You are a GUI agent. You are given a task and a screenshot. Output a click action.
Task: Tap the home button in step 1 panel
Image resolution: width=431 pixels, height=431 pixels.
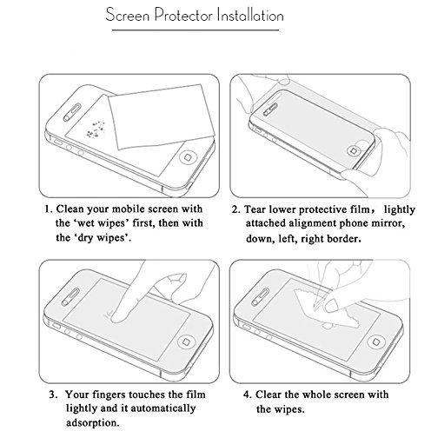188,157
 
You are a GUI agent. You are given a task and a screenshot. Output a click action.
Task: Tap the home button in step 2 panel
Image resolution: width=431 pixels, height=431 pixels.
354,150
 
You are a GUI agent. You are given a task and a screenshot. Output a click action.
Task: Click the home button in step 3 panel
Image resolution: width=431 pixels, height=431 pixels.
185,341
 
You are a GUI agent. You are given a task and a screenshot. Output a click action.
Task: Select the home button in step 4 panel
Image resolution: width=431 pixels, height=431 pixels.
375,341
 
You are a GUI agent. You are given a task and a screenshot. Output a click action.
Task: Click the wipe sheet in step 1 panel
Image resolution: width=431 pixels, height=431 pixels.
161,116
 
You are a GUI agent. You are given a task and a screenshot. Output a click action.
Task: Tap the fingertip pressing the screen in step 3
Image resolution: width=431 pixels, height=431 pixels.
119,315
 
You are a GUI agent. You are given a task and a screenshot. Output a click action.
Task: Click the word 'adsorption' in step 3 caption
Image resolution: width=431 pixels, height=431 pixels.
93,422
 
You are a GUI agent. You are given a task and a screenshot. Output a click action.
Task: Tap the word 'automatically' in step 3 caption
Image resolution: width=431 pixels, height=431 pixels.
163,408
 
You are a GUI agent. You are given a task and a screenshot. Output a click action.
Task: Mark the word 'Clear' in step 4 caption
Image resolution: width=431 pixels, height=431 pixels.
269,395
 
